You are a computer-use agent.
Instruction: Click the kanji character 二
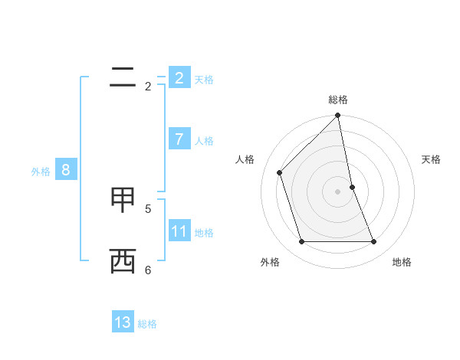[123, 77]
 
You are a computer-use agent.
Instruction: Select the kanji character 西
[123, 260]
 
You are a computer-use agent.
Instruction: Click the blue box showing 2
[179, 77]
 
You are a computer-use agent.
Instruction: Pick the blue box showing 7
[179, 139]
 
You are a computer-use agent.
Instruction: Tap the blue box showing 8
[66, 169]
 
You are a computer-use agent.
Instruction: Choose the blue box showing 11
[179, 231]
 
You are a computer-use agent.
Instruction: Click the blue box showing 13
[123, 322]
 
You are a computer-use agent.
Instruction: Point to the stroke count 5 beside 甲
[148, 208]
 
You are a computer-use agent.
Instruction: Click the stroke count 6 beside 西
[148, 270]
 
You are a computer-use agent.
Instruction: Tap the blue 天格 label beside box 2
[204, 79]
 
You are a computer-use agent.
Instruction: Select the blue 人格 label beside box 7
[204, 140]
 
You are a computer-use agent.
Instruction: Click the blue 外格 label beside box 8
[41, 172]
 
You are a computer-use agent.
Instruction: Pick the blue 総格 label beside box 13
[147, 324]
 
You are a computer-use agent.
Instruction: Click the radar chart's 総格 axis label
[338, 100]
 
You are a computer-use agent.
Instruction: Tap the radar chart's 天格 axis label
[431, 159]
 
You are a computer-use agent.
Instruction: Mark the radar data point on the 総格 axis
[338, 116]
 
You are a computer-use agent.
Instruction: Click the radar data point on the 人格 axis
[280, 172]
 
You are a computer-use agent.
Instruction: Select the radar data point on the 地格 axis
[374, 242]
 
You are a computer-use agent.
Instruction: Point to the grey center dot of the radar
[338, 191]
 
